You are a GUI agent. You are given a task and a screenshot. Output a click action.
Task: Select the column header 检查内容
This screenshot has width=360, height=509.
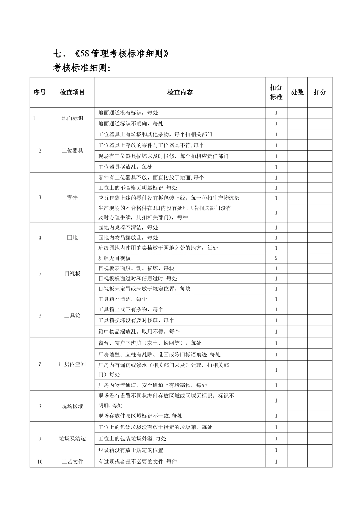click(x=180, y=92)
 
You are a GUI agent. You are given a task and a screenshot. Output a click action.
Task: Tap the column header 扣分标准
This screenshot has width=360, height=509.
click(x=276, y=92)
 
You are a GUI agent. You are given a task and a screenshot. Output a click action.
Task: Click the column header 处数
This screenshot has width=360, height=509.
click(x=297, y=92)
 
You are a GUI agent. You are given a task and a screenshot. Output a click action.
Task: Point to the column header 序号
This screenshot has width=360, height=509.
click(x=40, y=92)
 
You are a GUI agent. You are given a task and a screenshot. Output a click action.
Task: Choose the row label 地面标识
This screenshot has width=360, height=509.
click(x=72, y=118)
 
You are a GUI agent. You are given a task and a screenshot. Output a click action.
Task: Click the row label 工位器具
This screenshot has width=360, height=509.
click(x=72, y=151)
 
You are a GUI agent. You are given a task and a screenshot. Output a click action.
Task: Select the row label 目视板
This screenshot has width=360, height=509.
click(x=72, y=273)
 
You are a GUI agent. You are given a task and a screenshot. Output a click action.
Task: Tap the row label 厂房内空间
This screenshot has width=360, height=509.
click(x=72, y=364)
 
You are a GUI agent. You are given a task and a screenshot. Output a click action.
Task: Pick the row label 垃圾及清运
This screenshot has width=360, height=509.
click(x=72, y=439)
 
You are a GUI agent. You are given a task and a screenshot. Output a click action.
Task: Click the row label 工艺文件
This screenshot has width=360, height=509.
click(x=72, y=462)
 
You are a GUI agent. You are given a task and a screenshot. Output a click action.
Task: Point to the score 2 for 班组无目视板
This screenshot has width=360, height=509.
click(x=276, y=258)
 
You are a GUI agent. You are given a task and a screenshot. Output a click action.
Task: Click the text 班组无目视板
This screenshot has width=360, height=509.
click(x=114, y=258)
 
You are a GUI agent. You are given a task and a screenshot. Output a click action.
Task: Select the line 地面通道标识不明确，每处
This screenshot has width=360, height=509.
click(x=131, y=123)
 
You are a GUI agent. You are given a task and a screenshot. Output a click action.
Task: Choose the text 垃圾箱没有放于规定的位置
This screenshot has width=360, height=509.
click(x=131, y=450)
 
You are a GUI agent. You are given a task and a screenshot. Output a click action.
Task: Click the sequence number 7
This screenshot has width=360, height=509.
click(x=40, y=364)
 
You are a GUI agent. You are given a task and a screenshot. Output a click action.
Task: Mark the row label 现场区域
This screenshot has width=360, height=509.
click(x=72, y=406)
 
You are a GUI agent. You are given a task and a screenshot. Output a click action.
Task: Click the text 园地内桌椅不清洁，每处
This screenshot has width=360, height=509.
click(x=128, y=228)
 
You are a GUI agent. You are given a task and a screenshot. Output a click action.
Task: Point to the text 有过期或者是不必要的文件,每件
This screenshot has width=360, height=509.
click(x=138, y=462)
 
